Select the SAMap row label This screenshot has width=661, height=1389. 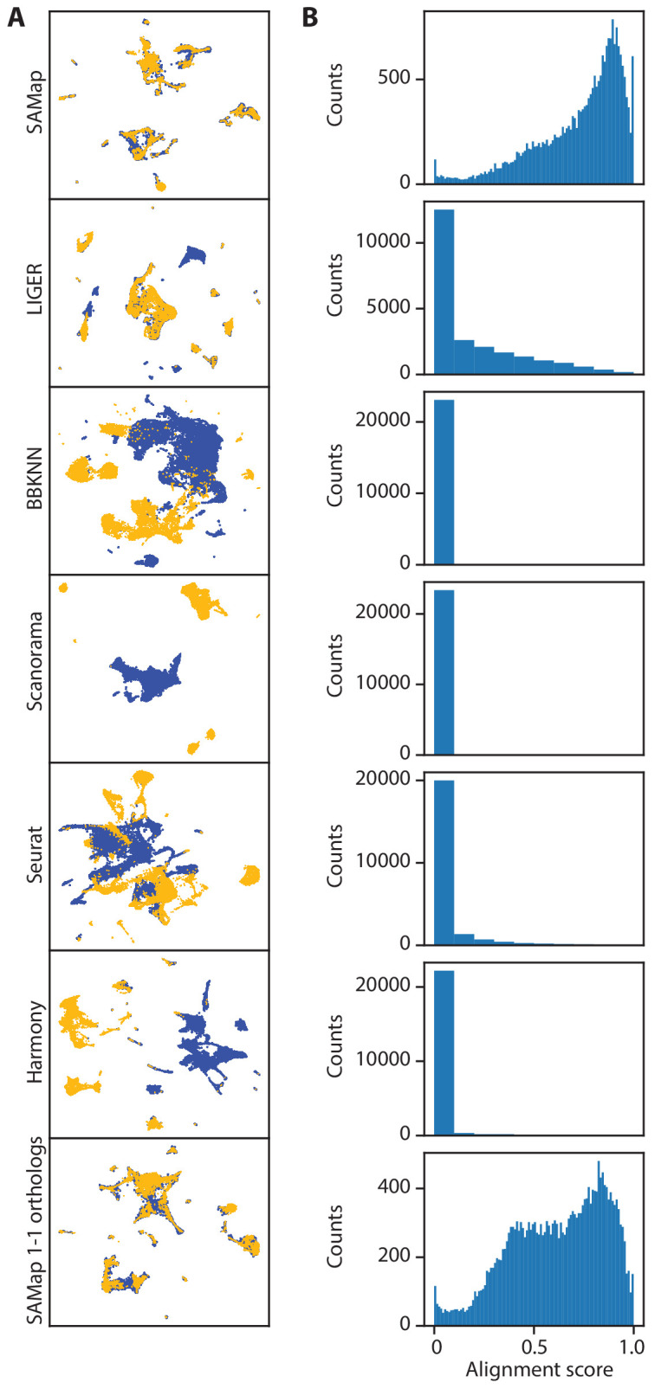pos(35,104)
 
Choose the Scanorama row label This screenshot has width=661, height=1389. pos(35,667)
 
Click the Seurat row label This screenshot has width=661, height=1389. pos(35,855)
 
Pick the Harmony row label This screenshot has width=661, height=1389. pos(35,1042)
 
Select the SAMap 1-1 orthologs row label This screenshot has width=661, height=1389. pos(35,1231)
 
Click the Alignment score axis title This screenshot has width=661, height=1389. pos(539,1370)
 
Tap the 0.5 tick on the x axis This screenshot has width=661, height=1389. pos(534,1347)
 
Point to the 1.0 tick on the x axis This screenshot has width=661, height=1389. pos(632,1347)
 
